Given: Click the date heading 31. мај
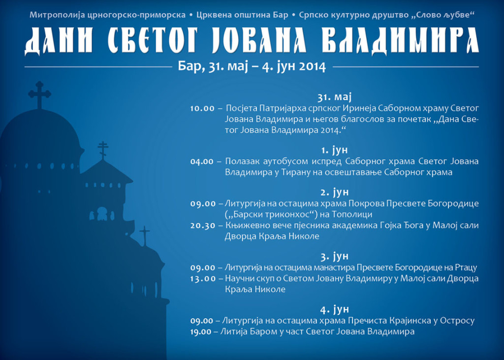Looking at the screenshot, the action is (x=335, y=97).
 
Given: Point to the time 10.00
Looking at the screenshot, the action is (x=202, y=108).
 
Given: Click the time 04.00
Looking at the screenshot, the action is (x=202, y=162).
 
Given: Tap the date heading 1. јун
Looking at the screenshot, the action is (x=335, y=150).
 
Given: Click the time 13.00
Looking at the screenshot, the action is (x=203, y=279).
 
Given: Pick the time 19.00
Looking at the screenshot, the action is (x=201, y=332).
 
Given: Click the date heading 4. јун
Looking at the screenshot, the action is (x=335, y=309).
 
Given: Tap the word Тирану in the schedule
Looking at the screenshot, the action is (x=296, y=172).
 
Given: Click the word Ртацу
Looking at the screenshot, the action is (x=466, y=268).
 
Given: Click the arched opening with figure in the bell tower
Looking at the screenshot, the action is (x=102, y=214).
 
